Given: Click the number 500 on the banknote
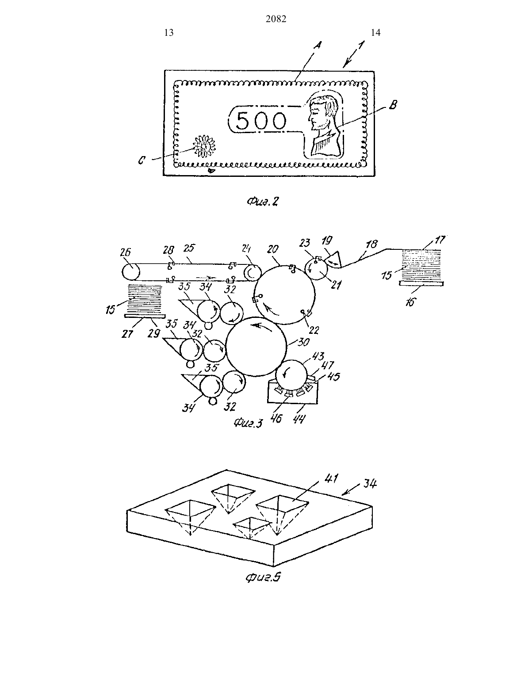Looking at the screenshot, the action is [261, 121].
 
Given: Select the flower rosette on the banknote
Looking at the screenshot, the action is [204, 146].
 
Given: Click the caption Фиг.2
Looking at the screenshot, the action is [263, 201].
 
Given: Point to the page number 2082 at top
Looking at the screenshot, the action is [276, 19].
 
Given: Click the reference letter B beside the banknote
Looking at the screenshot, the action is [393, 105].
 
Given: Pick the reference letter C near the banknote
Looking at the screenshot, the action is [142, 161].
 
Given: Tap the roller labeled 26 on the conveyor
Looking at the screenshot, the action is [130, 271].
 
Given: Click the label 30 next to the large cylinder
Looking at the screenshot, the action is [303, 342].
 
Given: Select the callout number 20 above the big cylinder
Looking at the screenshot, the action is [272, 249].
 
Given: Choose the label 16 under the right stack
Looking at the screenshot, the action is [410, 302].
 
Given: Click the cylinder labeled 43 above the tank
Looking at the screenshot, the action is [291, 375].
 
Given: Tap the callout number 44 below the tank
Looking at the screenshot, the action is [299, 420].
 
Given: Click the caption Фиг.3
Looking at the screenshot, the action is [248, 423].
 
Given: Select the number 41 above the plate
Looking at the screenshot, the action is [332, 478].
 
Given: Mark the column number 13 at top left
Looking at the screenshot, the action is [169, 33].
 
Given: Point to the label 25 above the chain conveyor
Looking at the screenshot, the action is [189, 248].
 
